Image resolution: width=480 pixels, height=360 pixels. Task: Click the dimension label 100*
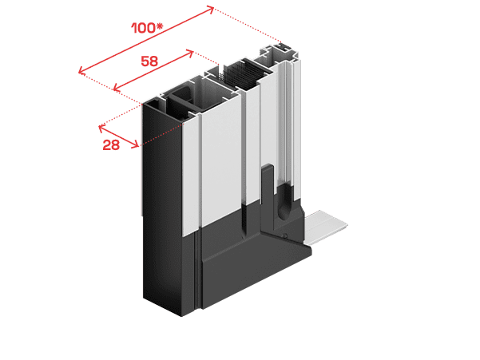click(x=147, y=28)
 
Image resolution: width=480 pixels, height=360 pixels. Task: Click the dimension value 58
click(x=149, y=61)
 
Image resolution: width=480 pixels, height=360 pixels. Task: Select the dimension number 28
click(x=111, y=144)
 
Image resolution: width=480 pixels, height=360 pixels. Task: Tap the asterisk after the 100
click(x=160, y=26)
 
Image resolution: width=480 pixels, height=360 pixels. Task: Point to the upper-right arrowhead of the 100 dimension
click(x=211, y=8)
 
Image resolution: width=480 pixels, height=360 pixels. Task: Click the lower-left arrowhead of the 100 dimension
click(x=81, y=71)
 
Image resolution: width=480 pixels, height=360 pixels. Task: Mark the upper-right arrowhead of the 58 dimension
click(x=190, y=53)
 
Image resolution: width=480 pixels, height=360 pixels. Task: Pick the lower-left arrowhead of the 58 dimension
click(x=117, y=89)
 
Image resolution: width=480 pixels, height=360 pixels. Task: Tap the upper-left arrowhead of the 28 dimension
click(x=101, y=129)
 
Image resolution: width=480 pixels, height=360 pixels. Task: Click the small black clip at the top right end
click(x=283, y=47)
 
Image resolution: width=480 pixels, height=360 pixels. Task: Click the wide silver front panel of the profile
click(x=221, y=159)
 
